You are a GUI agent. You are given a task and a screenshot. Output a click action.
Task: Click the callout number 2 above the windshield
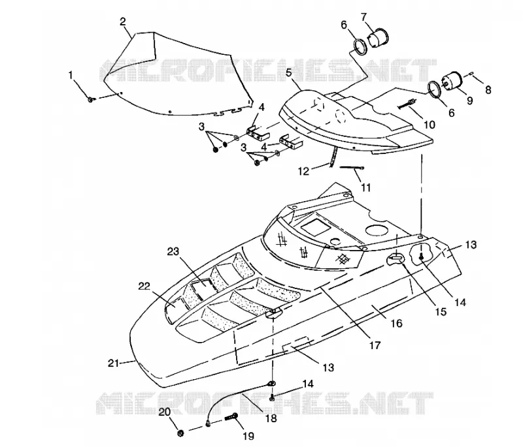coord(123,22)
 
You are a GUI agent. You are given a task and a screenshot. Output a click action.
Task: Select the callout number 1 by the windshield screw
coord(71,76)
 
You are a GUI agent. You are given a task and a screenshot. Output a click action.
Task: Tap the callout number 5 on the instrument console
coord(289,73)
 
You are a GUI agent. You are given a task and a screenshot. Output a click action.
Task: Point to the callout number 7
coord(363,16)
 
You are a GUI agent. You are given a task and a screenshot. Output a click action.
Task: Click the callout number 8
coord(488,89)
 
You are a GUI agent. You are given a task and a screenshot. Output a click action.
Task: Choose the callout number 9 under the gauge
coord(469,100)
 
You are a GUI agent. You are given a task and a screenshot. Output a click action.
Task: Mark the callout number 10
coord(430,124)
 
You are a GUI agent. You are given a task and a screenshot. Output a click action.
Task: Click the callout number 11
coord(366,187)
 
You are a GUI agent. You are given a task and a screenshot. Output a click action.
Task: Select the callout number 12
coord(303,171)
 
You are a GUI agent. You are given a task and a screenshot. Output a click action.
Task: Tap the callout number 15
coord(441,311)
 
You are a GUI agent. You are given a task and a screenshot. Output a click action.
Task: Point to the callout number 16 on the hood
coord(397,323)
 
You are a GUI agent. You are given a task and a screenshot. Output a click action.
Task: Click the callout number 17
coord(375,345)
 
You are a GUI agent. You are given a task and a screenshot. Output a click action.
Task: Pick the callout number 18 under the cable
coord(271,418)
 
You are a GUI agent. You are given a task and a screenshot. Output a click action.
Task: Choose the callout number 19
coord(249,435)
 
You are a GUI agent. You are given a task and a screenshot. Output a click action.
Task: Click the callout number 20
coord(165,412)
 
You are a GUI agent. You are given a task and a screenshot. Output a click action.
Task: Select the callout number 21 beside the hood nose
coord(113,363)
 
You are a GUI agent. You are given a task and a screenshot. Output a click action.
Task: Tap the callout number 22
coord(144,286)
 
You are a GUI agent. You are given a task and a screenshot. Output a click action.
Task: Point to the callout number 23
coord(173,251)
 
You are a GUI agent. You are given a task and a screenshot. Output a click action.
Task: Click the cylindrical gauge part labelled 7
coord(379,38)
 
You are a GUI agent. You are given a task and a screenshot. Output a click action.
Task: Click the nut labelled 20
coord(180,433)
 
